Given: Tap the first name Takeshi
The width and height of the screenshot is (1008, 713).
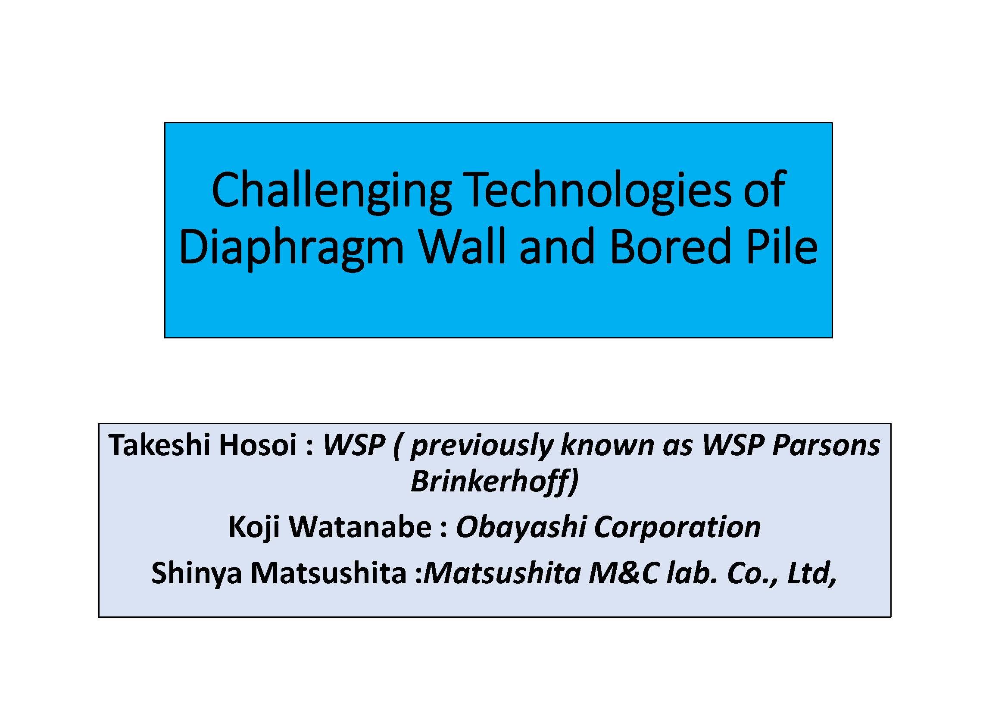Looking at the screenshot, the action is [x=160, y=445].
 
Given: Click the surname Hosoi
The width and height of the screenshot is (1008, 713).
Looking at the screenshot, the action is [x=258, y=445].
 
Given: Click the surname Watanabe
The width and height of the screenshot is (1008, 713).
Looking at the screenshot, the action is [x=360, y=526].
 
